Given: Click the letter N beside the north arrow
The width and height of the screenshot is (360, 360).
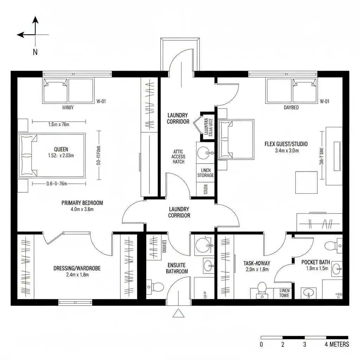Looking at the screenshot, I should click(35, 52).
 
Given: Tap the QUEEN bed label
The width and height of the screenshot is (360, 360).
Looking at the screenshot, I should click(61, 149).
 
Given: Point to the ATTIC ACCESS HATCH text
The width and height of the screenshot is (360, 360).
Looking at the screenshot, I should click(179, 156).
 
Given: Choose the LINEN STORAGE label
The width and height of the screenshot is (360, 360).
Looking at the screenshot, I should click(206, 173).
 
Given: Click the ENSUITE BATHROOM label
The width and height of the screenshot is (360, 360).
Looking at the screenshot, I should click(177, 268).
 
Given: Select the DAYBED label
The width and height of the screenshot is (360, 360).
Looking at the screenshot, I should click(291, 108).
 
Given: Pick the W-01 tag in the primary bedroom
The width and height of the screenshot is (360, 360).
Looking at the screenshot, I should click(101, 101).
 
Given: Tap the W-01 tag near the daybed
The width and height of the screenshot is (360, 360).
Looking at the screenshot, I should click(324, 101).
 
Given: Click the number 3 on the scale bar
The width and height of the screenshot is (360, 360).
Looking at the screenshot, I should click(305, 344).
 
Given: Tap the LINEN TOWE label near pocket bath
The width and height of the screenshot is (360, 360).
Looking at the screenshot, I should click(284, 293).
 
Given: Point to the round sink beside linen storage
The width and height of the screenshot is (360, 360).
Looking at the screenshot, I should click(204, 153).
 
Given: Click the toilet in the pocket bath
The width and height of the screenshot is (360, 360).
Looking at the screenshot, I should click(330, 245).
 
